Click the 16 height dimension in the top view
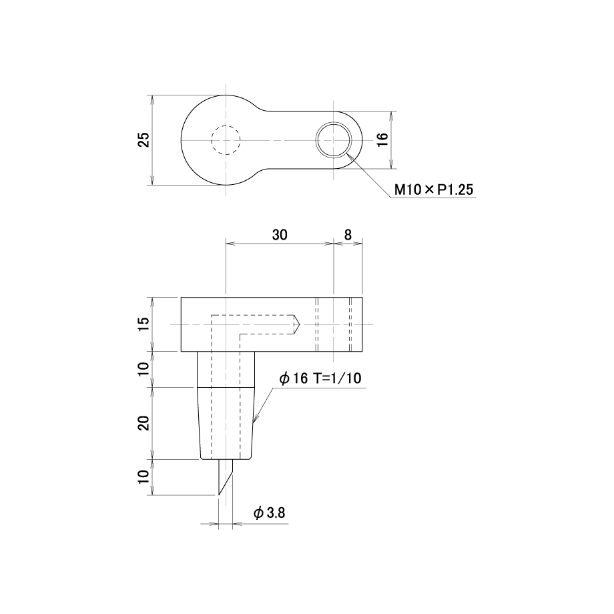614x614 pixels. (382, 139)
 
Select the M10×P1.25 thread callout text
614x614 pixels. (434, 190)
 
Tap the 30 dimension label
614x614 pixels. (280, 235)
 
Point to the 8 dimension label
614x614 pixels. (348, 235)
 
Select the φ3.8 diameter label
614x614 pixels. (270, 513)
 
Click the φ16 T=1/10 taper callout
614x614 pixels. (320, 378)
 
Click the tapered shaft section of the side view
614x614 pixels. (226, 423)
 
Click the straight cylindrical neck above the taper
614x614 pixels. (226, 369)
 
